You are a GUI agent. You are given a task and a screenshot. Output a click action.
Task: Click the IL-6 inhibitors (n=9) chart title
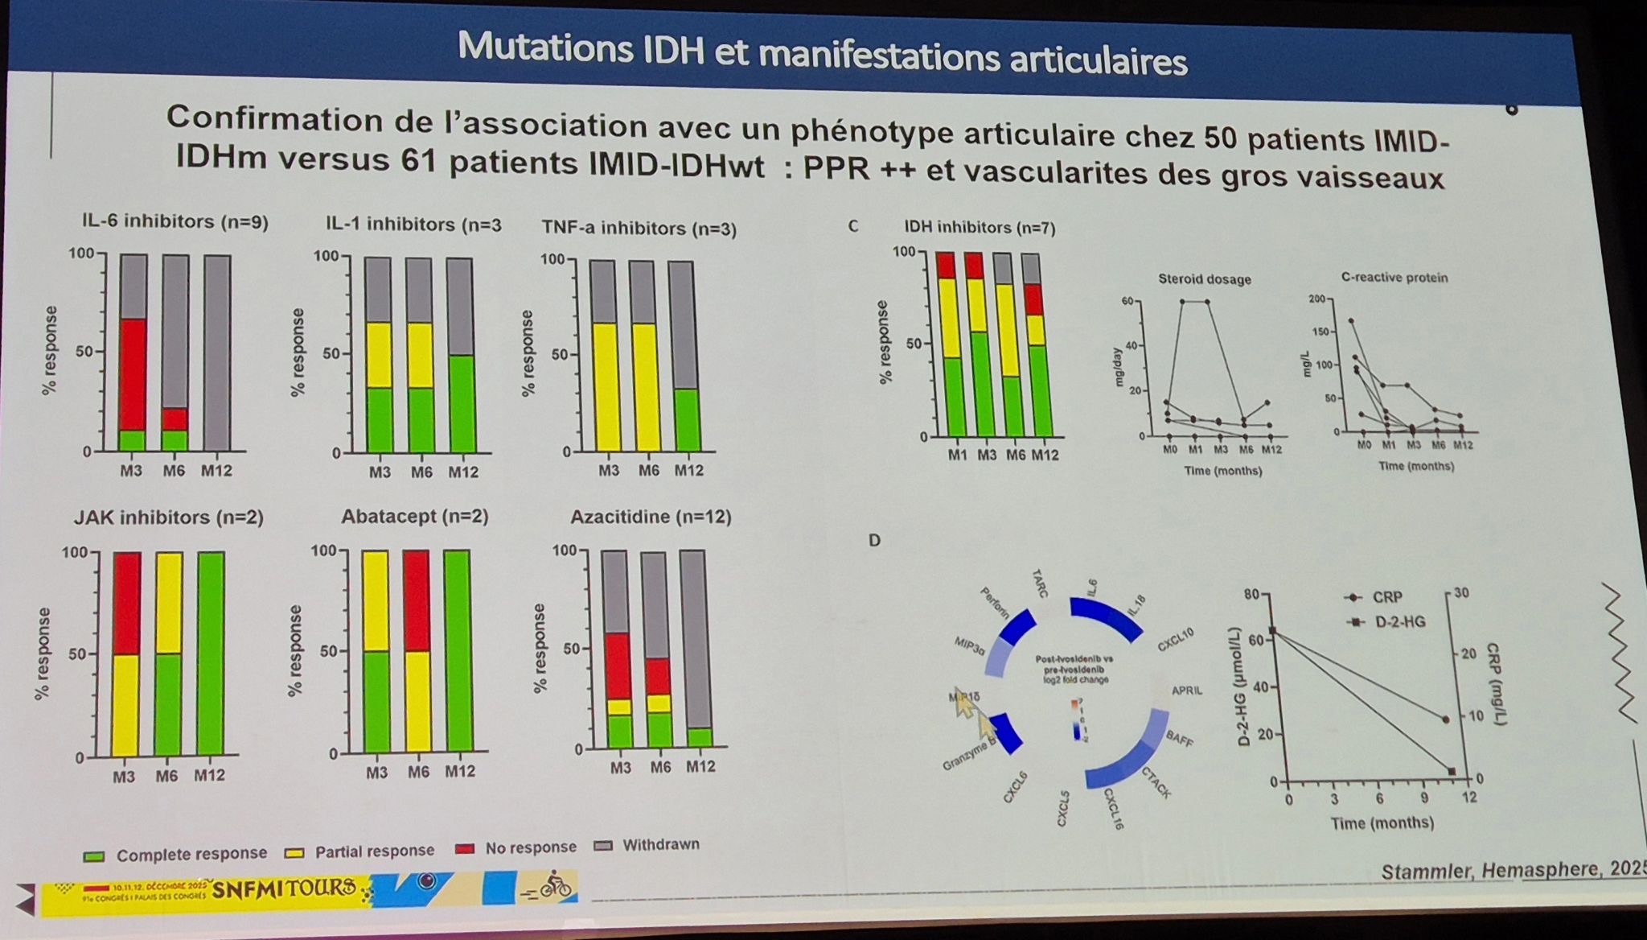point(175,222)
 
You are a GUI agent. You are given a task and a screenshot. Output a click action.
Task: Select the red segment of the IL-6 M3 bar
point(133,374)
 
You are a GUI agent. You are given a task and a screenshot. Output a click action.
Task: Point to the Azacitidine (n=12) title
point(651,517)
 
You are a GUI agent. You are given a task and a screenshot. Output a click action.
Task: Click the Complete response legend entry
point(191,854)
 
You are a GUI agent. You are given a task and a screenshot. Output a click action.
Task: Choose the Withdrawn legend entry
point(660,845)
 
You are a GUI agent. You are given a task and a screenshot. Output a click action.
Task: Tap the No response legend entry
point(530,847)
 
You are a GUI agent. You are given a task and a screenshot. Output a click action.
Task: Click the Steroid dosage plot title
point(1204,279)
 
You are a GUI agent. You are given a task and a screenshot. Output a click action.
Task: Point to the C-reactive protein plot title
point(1394,278)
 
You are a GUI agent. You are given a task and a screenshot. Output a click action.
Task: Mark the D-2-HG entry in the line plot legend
point(1399,621)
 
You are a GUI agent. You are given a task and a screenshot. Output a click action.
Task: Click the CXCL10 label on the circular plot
point(1176,641)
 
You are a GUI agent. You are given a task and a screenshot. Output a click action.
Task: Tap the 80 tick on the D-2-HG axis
point(1251,595)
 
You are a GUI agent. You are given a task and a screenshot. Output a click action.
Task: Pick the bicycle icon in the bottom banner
point(556,886)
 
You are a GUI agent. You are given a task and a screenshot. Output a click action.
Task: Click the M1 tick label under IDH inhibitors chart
point(957,456)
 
